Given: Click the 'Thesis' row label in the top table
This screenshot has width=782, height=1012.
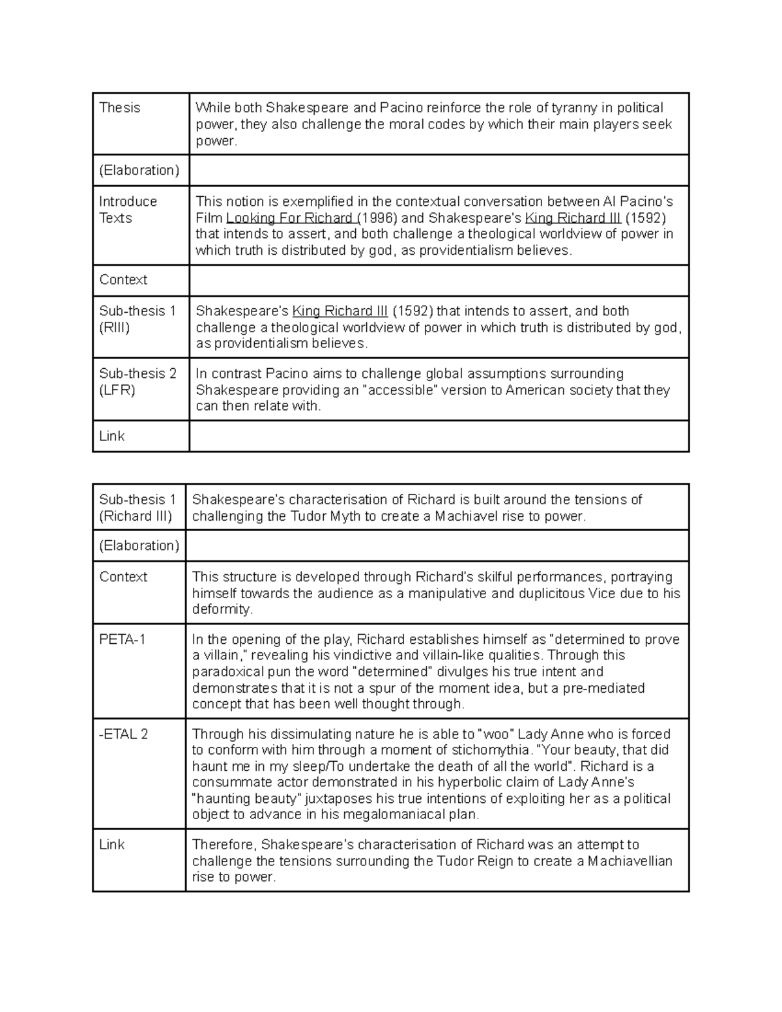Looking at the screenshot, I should pos(119,108).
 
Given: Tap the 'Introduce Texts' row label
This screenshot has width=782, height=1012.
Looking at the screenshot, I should pos(128,210).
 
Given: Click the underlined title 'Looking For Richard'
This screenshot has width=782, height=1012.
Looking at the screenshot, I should pos(289,218).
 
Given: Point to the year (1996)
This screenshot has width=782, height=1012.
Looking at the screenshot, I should pos(378,218).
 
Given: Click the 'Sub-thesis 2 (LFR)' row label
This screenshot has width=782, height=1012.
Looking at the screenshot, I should pos(138,382).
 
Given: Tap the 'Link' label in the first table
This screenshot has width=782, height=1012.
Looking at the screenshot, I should pos(111,437).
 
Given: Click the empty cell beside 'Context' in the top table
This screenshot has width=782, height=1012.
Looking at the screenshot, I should pos(438,280).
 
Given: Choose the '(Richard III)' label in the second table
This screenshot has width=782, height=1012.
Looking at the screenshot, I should pos(136,517).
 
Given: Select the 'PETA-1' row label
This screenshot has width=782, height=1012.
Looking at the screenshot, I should pos(122,640).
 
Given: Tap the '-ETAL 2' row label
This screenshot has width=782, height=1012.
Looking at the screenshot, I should pos(124,734).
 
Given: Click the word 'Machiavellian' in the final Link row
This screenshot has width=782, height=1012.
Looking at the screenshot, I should pos(630,861).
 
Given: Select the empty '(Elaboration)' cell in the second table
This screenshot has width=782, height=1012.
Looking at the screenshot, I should pos(437,545).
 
